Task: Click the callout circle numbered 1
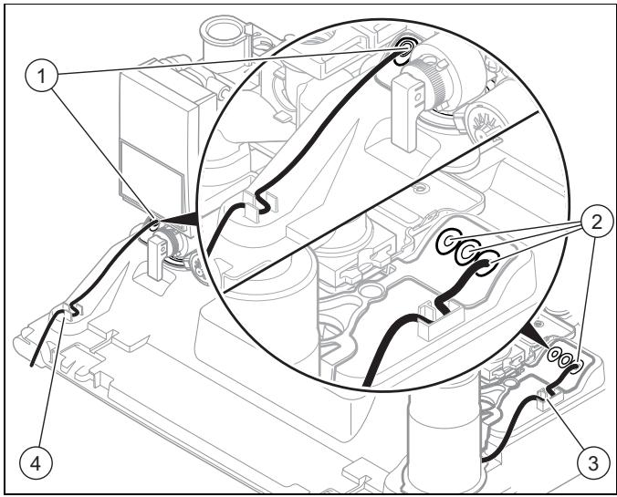click(41, 77)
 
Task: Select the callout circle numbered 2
click(596, 223)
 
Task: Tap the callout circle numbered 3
click(592, 464)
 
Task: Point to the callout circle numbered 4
click(36, 464)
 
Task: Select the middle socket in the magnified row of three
click(466, 253)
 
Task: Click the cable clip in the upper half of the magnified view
click(259, 203)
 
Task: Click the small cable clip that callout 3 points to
click(548, 398)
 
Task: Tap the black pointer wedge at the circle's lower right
click(537, 334)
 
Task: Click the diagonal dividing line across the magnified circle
click(381, 202)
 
